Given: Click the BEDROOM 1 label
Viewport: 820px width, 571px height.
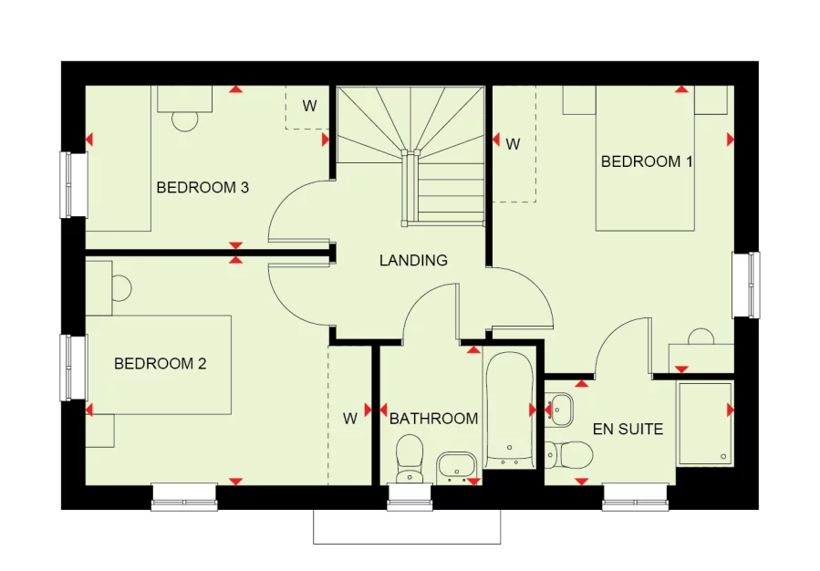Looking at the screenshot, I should [647, 161].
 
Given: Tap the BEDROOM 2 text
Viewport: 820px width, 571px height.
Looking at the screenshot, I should [160, 364].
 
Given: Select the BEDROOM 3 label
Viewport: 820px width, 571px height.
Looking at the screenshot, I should [202, 188].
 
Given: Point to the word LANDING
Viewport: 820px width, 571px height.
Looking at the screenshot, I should [413, 260].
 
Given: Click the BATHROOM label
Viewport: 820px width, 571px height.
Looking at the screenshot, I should [433, 419].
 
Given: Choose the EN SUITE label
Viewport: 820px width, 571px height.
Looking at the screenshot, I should [628, 429].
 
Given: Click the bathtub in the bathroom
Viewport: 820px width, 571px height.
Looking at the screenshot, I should [508, 410].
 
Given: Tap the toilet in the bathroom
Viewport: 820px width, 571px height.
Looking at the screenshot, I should [410, 455].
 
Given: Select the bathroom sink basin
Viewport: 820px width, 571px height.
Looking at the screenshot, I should [456, 465].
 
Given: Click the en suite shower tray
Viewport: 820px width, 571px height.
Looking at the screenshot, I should [704, 422].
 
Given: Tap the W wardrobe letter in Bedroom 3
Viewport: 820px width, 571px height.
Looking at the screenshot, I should [310, 106].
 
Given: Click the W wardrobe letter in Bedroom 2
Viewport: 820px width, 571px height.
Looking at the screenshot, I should [350, 420].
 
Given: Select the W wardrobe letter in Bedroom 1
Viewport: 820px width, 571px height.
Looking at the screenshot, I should [513, 144].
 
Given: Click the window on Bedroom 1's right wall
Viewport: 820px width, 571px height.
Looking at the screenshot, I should [746, 285].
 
